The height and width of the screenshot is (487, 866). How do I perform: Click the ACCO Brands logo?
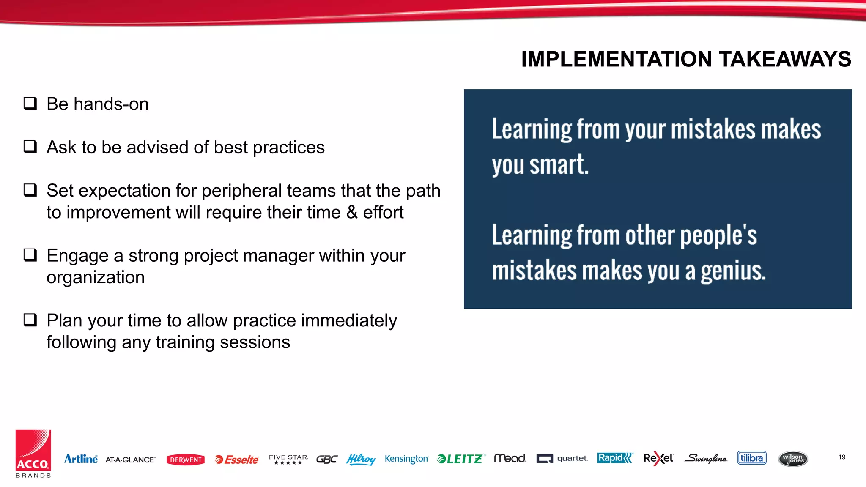click(33, 454)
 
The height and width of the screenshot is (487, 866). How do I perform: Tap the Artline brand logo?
click(81, 459)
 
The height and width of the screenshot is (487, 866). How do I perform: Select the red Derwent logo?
click(186, 460)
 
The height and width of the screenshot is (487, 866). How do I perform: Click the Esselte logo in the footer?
click(236, 460)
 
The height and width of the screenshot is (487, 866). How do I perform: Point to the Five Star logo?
click(288, 459)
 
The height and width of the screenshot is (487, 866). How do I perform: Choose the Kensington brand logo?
click(406, 459)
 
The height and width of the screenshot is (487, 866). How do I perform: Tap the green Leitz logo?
click(461, 459)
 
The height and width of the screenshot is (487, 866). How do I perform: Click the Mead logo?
click(510, 458)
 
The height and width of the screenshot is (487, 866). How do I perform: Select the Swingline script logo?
click(706, 458)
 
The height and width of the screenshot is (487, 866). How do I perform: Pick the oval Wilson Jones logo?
click(793, 459)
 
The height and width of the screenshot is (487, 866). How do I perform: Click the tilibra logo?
click(752, 458)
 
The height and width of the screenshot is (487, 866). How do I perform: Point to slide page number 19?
click(842, 457)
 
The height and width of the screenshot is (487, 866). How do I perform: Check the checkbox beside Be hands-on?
click(30, 103)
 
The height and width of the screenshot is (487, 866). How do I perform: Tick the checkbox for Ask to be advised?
click(30, 147)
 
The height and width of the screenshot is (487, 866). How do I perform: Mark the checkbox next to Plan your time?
click(30, 320)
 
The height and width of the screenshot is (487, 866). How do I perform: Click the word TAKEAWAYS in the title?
click(785, 59)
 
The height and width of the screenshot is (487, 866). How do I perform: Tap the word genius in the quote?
click(733, 271)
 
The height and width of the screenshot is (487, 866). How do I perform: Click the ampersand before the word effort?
click(352, 212)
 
